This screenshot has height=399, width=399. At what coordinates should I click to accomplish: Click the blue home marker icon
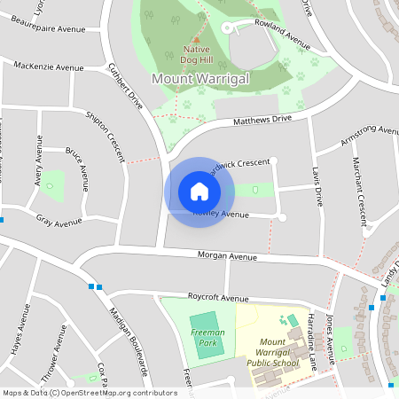pyautogui.click(x=199, y=192)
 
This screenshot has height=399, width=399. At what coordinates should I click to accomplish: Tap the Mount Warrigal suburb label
pyautogui.click(x=200, y=79)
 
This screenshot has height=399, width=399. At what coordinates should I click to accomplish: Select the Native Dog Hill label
pyautogui.click(x=197, y=55)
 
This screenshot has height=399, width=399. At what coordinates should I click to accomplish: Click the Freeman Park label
pyautogui.click(x=207, y=337)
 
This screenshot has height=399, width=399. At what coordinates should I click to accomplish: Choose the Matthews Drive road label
pyautogui.click(x=262, y=120)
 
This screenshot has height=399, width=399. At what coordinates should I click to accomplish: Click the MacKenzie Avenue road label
pyautogui.click(x=49, y=66)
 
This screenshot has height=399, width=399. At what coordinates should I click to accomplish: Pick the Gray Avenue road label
pyautogui.click(x=59, y=221)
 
